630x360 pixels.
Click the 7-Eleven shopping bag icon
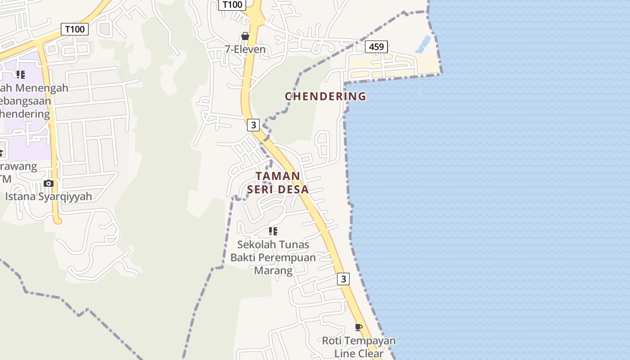tap(245, 36)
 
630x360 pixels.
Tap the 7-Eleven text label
tap(245, 49)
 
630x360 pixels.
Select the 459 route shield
tap(376, 46)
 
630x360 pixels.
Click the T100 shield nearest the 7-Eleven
tap(232, 5)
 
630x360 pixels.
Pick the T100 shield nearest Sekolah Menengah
tap(75, 30)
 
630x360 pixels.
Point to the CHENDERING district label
tap(325, 96)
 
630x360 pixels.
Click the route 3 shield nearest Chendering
tap(254, 125)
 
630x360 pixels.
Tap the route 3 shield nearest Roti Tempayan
tap(343, 279)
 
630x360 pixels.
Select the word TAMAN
tap(278, 176)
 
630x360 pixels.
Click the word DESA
tap(292, 189)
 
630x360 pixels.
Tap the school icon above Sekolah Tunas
tap(273, 231)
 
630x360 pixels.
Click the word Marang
tap(273, 270)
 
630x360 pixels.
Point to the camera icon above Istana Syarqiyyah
tap(49, 183)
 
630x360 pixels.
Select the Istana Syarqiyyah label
tap(49, 196)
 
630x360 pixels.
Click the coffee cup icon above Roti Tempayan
tap(359, 327)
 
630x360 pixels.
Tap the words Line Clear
tap(359, 353)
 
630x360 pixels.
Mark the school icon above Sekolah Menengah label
tap(20, 74)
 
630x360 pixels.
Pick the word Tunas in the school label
tap(293, 245)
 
